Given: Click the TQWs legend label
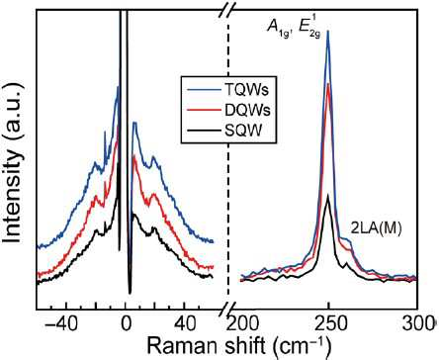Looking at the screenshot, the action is (247, 90).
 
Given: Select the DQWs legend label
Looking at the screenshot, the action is (247, 111).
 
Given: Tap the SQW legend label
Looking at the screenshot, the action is (243, 132).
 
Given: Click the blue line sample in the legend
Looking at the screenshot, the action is (204, 90).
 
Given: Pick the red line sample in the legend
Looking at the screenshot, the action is (204, 111).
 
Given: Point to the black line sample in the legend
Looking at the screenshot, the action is (204, 132).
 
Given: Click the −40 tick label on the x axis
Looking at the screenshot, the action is (61, 323).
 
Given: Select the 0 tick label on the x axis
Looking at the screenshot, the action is (126, 323).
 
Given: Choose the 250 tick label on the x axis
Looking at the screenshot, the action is (328, 323).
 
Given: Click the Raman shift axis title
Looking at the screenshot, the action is (238, 346).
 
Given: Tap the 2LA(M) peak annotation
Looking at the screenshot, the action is (376, 228).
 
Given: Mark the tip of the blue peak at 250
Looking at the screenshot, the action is (328, 31).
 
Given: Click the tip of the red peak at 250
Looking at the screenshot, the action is (328, 83).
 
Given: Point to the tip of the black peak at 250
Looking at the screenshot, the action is (328, 195).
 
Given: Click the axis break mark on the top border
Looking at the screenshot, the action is (225, 10).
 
